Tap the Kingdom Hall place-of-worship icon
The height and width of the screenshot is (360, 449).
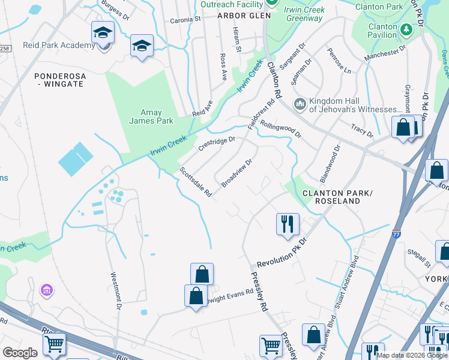point(300,104)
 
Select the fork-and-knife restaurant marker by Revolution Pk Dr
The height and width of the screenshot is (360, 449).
point(288,224)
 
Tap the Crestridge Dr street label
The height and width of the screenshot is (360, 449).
point(216,145)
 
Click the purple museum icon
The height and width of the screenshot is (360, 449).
point(46,291)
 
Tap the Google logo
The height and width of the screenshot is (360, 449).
point(20,353)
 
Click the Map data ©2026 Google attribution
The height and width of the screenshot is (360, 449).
point(412,355)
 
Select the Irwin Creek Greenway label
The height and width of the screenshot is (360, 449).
point(304,14)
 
